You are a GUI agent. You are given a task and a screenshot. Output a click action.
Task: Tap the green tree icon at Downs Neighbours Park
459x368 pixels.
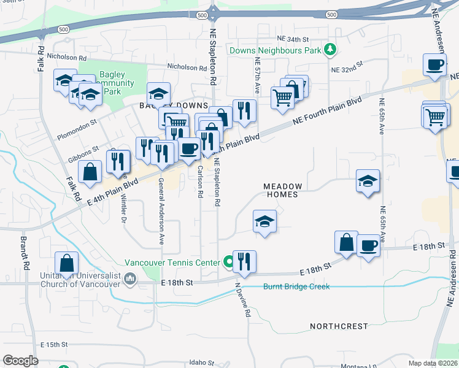pos(330,48)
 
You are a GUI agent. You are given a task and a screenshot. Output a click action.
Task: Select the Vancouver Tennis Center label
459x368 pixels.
pos(172,263)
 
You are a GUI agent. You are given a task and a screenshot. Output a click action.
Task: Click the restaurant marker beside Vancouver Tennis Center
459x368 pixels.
pos(244,262)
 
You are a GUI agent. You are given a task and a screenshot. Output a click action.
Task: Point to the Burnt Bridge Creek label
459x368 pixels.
pos(296,286)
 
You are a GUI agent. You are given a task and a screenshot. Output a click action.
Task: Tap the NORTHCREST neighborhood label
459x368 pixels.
pos(339,326)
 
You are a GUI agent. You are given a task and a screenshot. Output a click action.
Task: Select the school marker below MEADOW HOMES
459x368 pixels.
pos(264,221)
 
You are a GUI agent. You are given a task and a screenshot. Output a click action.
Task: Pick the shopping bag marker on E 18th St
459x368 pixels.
pos(346,242)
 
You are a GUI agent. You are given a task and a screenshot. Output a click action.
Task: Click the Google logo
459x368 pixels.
pos(20,361)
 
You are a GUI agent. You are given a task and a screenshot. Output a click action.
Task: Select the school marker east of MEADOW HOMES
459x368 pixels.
pos(368,181)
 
